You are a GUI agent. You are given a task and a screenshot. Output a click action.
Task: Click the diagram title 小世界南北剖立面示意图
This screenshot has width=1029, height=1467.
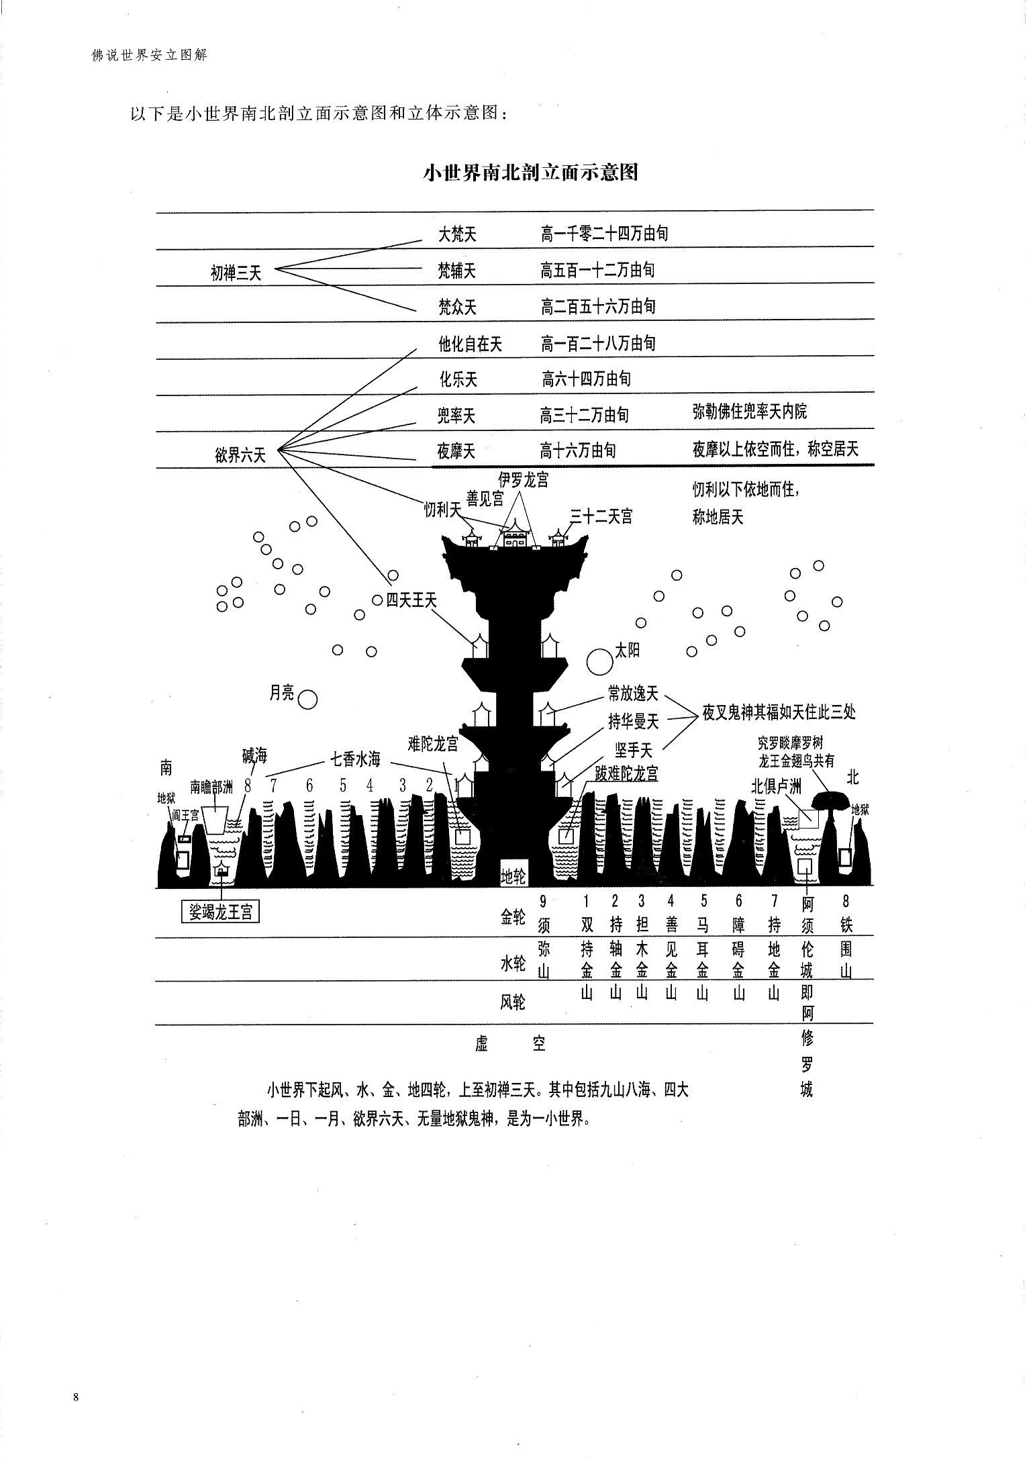[x=530, y=173]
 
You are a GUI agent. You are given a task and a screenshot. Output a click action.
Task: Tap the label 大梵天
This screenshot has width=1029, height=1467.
[x=456, y=234]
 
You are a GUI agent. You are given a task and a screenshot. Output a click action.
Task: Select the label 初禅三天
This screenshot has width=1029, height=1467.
[x=236, y=273]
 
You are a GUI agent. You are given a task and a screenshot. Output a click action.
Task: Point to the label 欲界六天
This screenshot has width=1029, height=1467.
[x=241, y=455]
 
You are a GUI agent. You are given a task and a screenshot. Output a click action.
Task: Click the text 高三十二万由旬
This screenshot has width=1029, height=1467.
[x=584, y=415]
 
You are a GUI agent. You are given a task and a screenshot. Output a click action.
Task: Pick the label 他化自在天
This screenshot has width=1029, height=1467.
[x=470, y=344]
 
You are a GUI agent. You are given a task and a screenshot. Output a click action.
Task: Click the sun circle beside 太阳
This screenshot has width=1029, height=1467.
[x=600, y=661]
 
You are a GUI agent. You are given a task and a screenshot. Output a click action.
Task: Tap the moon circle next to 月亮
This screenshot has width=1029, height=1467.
[x=307, y=700]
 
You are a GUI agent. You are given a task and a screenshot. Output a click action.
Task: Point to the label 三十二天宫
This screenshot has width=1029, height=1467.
[x=601, y=516]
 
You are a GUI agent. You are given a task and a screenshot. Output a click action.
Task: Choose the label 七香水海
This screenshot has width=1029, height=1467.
[x=355, y=759]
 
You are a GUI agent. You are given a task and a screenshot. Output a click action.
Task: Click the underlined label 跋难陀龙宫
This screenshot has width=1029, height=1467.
[x=626, y=773]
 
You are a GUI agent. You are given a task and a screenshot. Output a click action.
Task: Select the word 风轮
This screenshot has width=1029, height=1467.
[x=513, y=1002]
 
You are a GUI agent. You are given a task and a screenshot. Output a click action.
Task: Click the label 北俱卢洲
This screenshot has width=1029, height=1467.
[x=775, y=787]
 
